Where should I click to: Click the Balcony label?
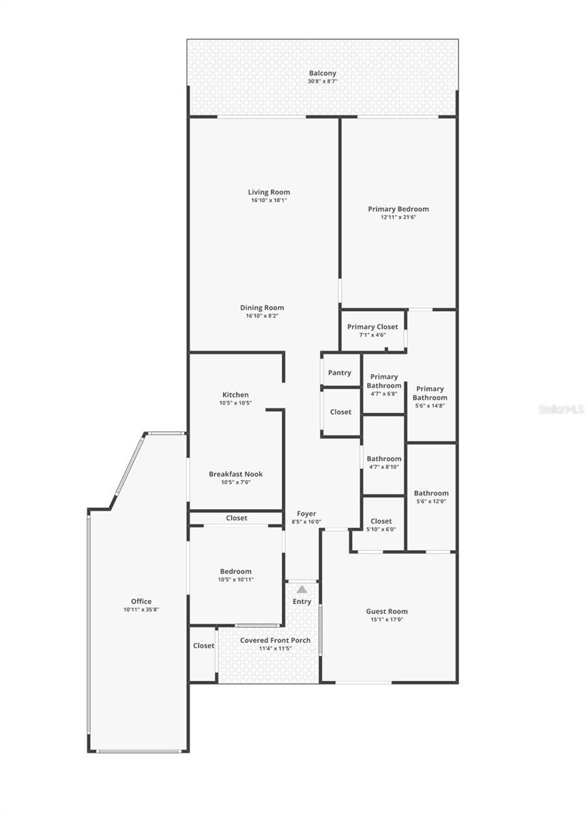[x=322, y=74]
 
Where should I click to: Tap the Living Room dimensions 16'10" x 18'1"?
[x=269, y=200]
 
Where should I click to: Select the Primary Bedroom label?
[x=398, y=209]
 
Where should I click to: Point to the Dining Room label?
[x=262, y=307]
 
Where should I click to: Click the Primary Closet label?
[x=372, y=327]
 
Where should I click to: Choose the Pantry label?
[x=340, y=373]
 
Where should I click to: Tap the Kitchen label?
[x=235, y=395]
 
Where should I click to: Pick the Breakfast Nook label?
[x=235, y=474]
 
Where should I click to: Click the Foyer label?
[x=306, y=514]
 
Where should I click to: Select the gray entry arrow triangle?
[x=302, y=589]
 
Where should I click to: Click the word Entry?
[x=302, y=601]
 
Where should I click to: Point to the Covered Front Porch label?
[x=275, y=640]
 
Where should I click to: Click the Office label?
[x=141, y=601]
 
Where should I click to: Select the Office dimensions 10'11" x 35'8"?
[x=141, y=609]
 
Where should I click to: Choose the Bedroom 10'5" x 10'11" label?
[x=235, y=571]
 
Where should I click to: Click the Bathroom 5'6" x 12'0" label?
[x=431, y=493]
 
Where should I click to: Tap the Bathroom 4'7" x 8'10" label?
[x=384, y=459]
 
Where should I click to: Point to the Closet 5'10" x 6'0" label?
[x=381, y=521]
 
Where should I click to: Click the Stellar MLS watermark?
[x=561, y=409]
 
